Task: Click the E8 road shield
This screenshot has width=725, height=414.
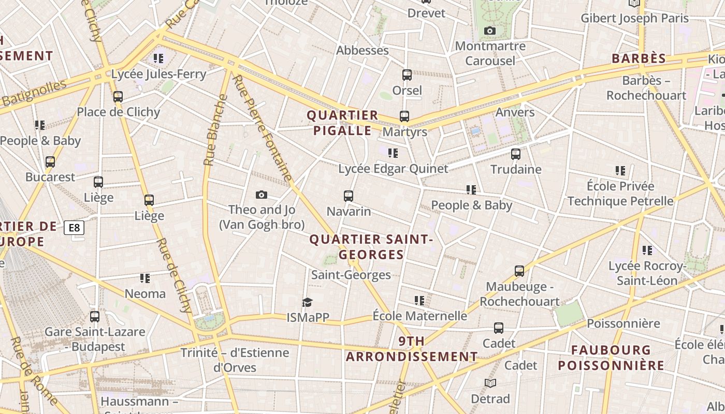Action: [x=74, y=228]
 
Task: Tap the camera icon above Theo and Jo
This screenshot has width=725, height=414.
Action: [x=262, y=195]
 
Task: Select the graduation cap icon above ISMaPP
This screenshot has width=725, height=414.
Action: [x=308, y=302]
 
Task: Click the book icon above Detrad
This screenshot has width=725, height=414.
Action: [x=490, y=383]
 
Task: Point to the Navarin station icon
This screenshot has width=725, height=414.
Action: [x=349, y=196]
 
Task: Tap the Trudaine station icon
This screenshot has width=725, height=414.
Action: [x=515, y=154]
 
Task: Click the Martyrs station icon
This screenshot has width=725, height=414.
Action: [x=404, y=116]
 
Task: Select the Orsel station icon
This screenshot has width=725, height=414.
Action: [x=407, y=75]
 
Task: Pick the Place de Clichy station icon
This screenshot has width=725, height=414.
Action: [x=118, y=97]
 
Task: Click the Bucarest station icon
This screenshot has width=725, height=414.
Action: [x=50, y=162]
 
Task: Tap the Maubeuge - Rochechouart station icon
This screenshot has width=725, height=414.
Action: [x=519, y=271]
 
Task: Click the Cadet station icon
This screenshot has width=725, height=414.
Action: [x=499, y=328]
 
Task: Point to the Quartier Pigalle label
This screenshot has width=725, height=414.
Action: [x=342, y=123]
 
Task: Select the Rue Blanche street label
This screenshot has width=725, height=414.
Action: [x=215, y=130]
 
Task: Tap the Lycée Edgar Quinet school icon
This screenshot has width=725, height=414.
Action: [x=393, y=153]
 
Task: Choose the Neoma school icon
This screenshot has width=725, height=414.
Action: [x=145, y=278]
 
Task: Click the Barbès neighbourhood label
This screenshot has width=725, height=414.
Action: [x=639, y=58]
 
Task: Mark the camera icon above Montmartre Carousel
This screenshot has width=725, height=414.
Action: [x=489, y=31]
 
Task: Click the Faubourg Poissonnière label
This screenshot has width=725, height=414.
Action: [x=611, y=358]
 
